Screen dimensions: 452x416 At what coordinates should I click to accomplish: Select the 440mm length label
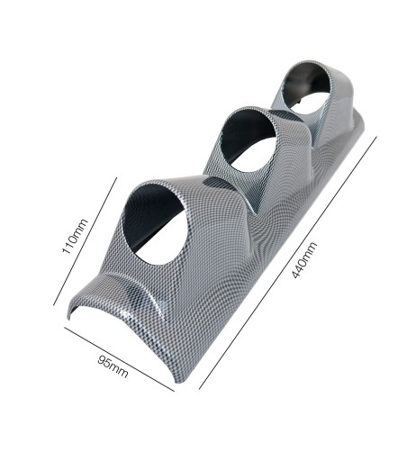tap(306, 261)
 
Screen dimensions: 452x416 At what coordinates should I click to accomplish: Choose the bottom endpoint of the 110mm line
tap(55, 304)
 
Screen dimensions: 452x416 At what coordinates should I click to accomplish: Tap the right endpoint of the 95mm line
tap(173, 392)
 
